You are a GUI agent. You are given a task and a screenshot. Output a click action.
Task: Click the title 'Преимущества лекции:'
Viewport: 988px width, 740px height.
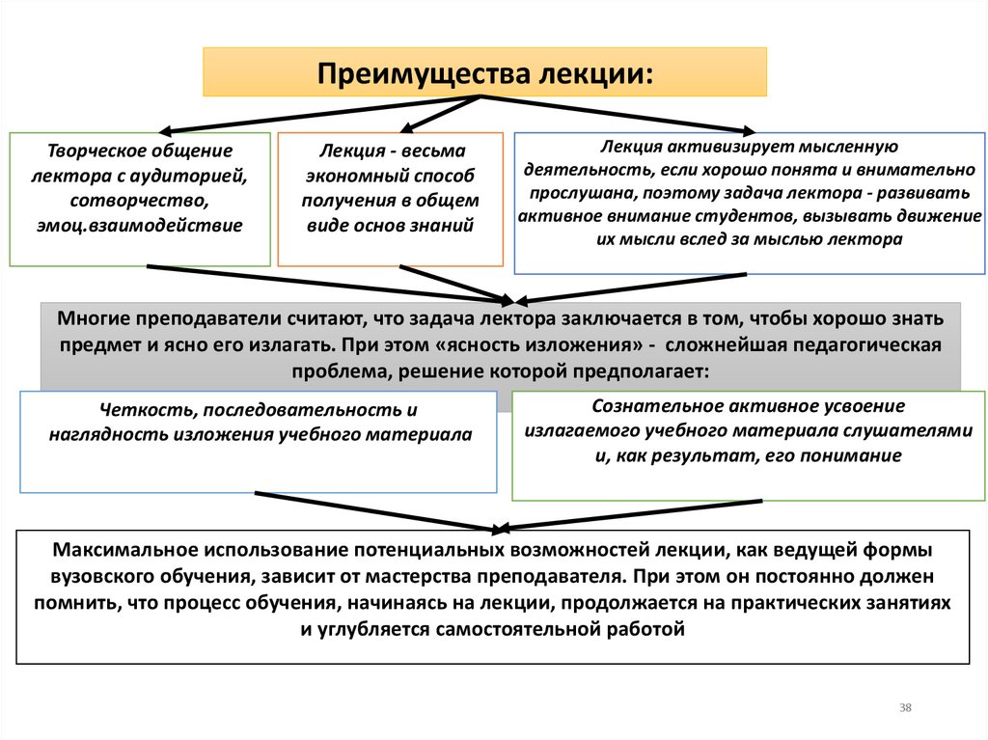coord(485,74)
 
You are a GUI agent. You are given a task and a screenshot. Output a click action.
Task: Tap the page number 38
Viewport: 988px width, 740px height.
coord(905,708)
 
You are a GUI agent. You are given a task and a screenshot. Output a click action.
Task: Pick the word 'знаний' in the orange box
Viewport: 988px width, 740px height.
coord(447,226)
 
